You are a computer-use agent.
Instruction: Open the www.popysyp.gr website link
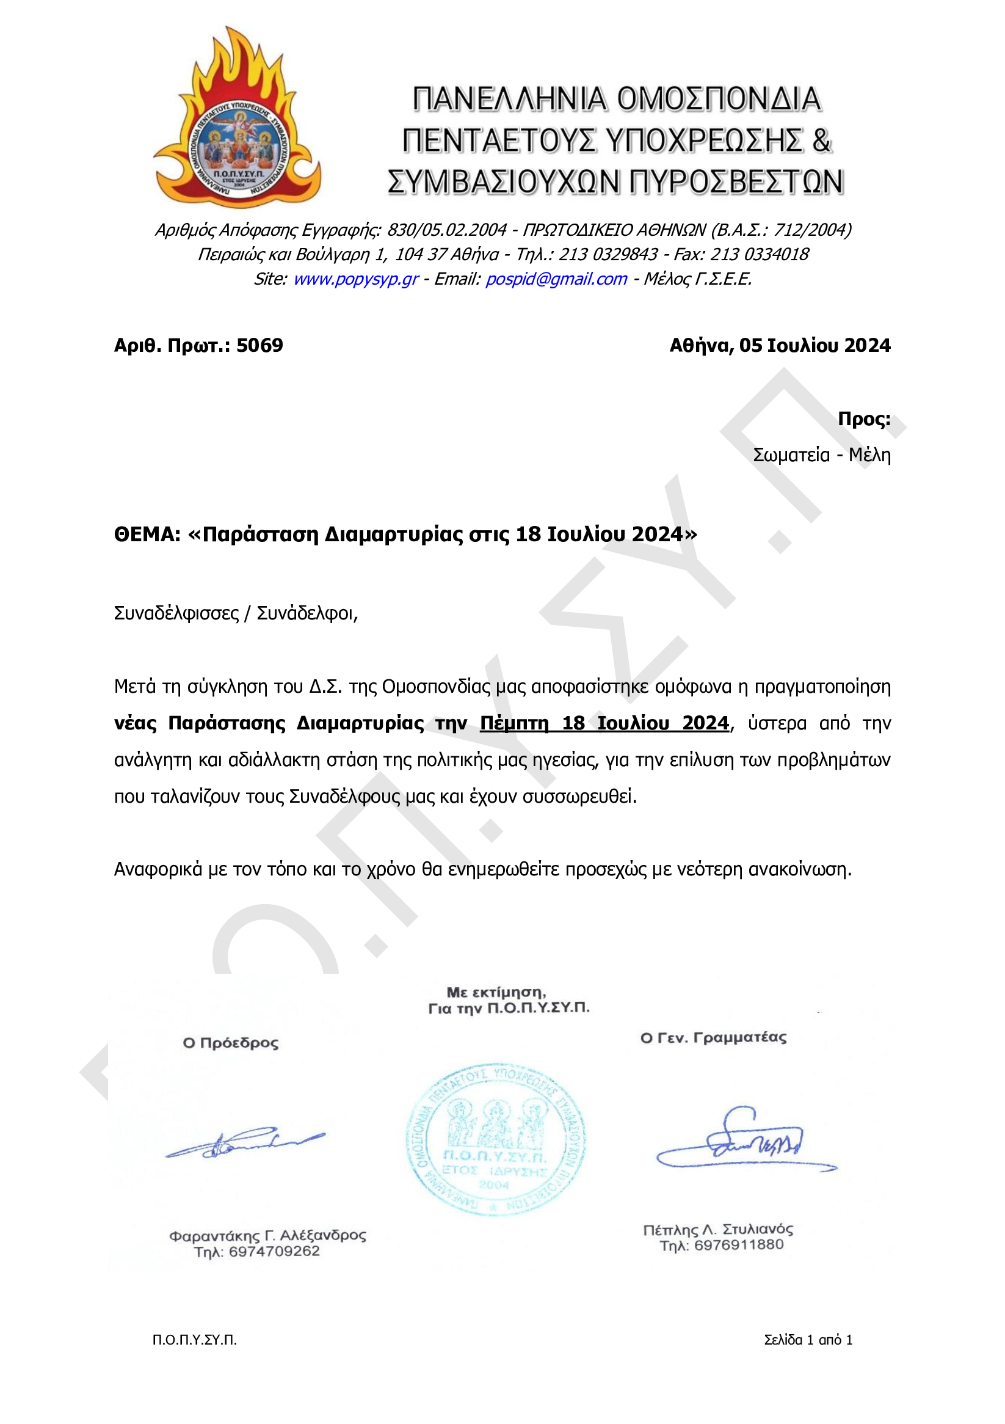pos(355,279)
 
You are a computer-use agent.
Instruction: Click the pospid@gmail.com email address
pos(556,279)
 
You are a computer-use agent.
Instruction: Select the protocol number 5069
pos(259,345)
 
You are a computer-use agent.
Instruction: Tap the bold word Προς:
pos(863,418)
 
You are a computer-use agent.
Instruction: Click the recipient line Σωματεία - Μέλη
pos(821,455)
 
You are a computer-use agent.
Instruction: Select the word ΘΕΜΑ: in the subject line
pos(147,534)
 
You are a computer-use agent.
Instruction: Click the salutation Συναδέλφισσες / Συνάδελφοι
pos(236,613)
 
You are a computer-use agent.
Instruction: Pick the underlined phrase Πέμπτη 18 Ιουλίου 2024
pos(604,723)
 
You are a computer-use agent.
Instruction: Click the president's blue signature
pos(245,1142)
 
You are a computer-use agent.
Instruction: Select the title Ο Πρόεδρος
pos(231,1043)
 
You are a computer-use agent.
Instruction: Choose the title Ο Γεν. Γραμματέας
pos(713,1038)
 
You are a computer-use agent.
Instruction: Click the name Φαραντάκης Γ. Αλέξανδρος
pos(267,1235)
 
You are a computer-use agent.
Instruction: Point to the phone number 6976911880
pos(738,1246)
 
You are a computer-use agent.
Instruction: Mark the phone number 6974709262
pos(274,1252)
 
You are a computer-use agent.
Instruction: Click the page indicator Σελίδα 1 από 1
pos(808,1340)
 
